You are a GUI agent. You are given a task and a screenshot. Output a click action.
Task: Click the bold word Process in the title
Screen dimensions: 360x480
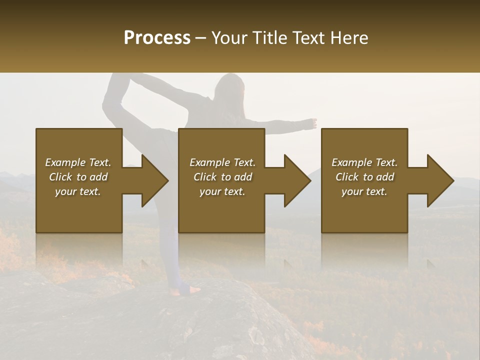(157, 38)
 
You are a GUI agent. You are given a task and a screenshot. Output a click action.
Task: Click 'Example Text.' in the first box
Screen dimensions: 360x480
(78, 162)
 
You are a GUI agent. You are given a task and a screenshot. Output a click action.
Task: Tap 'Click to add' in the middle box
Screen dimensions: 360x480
(222, 177)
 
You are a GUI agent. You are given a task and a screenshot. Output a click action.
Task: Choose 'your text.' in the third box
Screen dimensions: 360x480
(364, 191)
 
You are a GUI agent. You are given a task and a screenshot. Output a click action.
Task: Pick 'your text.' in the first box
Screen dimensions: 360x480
(78, 191)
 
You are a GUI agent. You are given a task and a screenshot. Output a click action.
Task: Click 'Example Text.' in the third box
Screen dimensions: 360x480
(364, 162)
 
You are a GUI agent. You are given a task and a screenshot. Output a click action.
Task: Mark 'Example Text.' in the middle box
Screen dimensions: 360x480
(222, 162)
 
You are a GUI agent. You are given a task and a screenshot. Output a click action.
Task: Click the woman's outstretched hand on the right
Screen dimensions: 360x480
(312, 122)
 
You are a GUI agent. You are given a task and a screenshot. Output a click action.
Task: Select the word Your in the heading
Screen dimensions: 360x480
(229, 38)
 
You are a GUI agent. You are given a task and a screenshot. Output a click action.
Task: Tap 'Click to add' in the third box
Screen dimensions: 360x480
(364, 177)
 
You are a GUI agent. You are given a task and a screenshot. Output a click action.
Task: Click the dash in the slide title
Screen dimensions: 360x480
(201, 38)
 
